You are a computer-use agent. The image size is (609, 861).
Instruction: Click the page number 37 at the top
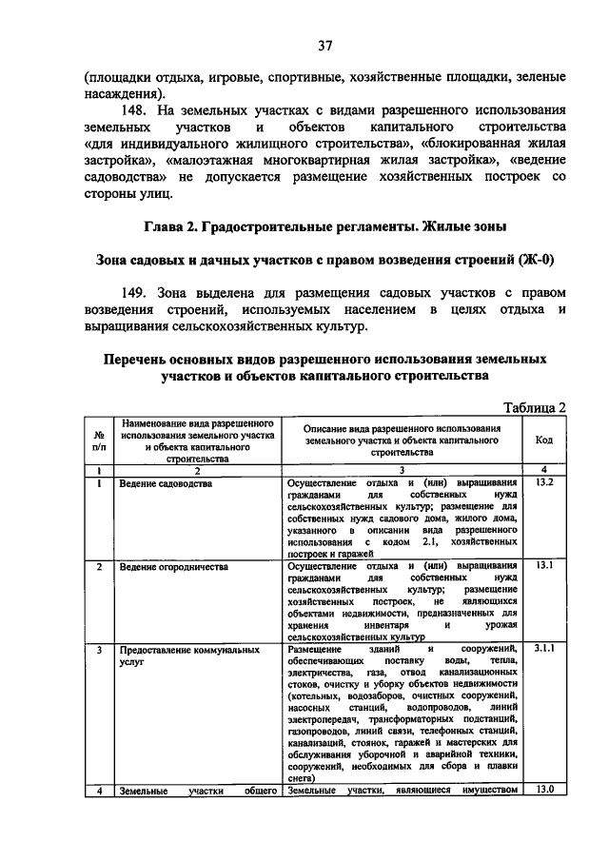tap(324, 45)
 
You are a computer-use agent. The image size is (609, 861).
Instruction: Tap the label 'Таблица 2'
tap(533, 407)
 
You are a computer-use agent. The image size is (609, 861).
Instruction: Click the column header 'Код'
tap(543, 440)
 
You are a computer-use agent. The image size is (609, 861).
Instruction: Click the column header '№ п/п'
tap(98, 440)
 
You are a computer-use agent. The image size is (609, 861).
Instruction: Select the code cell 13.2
tap(543, 483)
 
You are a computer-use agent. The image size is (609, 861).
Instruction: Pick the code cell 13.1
tap(543, 565)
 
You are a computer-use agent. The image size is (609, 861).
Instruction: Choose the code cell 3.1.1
tap(543, 648)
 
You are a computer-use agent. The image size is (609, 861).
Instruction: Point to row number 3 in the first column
tap(98, 649)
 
